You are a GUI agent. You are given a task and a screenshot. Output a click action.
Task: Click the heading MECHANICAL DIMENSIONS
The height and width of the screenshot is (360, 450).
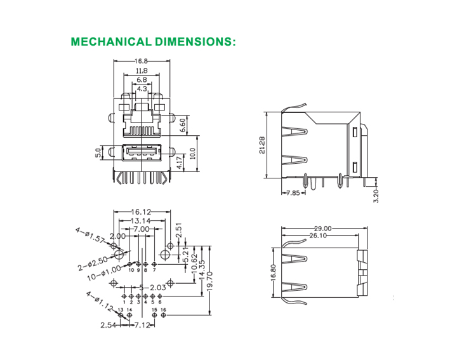click(154, 43)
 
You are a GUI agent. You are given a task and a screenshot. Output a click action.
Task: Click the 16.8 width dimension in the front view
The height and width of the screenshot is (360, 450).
click(141, 62)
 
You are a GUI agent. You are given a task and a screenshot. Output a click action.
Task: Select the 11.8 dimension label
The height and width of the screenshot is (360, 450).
click(141, 70)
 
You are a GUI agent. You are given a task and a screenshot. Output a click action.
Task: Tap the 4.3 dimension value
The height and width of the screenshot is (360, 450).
click(142, 89)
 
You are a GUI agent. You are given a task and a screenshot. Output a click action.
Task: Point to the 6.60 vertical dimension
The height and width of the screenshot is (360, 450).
click(183, 124)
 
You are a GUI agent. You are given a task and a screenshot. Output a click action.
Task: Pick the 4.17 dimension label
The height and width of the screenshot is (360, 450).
click(180, 164)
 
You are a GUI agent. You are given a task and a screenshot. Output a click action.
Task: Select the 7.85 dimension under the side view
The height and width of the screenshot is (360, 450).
click(293, 192)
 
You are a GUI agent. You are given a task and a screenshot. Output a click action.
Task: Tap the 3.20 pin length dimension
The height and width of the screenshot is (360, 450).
click(376, 195)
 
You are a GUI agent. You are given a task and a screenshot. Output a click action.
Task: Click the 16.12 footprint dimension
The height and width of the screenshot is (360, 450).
click(142, 211)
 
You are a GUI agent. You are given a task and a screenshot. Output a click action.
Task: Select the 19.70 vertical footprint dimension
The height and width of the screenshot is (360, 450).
click(209, 279)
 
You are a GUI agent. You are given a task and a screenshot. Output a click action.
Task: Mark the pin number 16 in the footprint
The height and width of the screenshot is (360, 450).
click(164, 310)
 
